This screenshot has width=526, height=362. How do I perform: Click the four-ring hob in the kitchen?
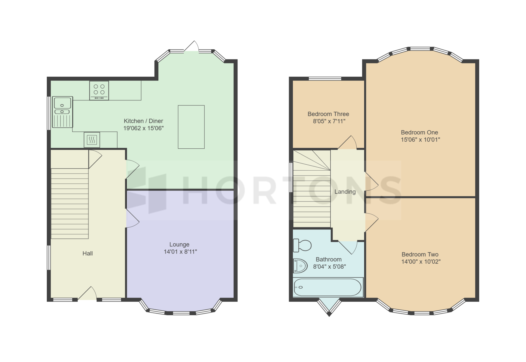click(x=99, y=90)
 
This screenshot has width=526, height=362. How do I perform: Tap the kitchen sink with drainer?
click(x=62, y=112)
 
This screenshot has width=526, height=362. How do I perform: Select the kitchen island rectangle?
click(x=191, y=127)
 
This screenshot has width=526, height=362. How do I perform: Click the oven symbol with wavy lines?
click(x=92, y=140)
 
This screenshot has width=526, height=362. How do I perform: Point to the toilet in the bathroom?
click(x=302, y=245)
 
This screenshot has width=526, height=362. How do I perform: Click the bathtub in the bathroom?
click(x=328, y=287)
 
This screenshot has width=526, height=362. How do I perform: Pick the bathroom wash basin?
click(x=300, y=266)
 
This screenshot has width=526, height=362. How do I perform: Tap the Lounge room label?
click(x=179, y=245)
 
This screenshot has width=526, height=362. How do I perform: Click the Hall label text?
click(x=88, y=254)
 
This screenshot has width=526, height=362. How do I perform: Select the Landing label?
click(x=345, y=192)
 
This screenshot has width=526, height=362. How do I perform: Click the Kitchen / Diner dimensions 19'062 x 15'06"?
click(x=144, y=128)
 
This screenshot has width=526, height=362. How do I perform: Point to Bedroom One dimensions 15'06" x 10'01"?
click(x=421, y=140)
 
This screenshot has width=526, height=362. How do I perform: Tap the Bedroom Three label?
click(x=328, y=114)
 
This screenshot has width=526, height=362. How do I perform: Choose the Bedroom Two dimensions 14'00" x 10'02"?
click(x=421, y=262)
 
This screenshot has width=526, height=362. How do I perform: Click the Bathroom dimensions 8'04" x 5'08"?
click(x=330, y=267)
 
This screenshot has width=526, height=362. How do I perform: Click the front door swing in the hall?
click(x=87, y=293)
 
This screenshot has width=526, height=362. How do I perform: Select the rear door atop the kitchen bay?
click(x=191, y=46)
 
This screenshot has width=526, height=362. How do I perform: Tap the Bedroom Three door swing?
click(x=347, y=142)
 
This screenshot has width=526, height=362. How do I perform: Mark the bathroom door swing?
click(x=348, y=248)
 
